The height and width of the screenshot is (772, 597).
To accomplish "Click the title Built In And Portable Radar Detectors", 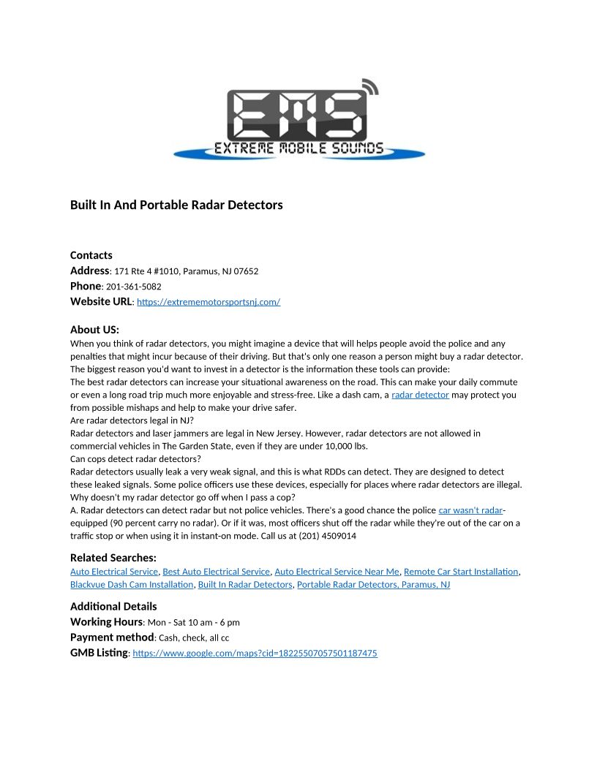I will click(x=176, y=205).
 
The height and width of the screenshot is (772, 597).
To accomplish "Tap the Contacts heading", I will click(x=91, y=255).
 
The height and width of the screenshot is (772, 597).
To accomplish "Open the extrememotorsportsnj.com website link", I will click(x=209, y=302).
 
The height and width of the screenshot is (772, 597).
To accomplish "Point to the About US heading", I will click(x=94, y=330).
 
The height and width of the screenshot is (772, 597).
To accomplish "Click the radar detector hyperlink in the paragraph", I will click(x=420, y=395).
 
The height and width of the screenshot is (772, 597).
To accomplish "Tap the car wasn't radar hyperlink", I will click(x=470, y=510).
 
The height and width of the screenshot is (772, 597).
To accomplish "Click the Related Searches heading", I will click(x=113, y=558).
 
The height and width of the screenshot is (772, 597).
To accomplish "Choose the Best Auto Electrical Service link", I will click(x=216, y=572).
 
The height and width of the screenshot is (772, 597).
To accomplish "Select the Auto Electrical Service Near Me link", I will click(x=337, y=572).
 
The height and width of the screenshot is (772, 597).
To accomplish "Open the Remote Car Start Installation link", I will click(x=461, y=572).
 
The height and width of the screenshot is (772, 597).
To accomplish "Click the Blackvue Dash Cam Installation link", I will click(x=132, y=585).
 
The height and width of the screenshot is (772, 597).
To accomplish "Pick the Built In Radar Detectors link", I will click(x=244, y=585).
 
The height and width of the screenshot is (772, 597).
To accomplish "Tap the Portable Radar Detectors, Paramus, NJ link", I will click(x=373, y=585).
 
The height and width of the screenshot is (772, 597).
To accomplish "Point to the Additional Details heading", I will click(x=113, y=606).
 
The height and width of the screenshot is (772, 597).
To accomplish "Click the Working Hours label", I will click(x=106, y=622).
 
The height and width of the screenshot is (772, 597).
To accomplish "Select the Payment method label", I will click(x=112, y=637).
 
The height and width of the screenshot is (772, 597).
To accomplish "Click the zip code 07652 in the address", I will click(x=246, y=271).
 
